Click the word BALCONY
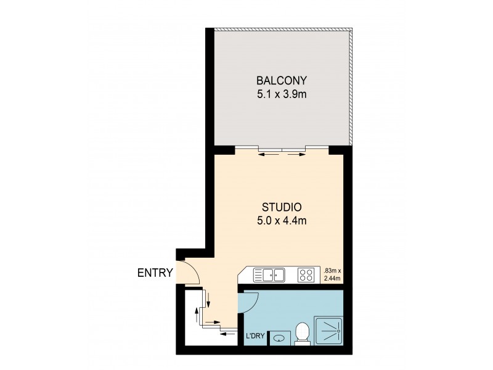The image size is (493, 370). click(x=282, y=81)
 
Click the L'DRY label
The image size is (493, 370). click(x=255, y=336)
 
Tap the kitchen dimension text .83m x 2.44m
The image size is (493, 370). click(x=332, y=274)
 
